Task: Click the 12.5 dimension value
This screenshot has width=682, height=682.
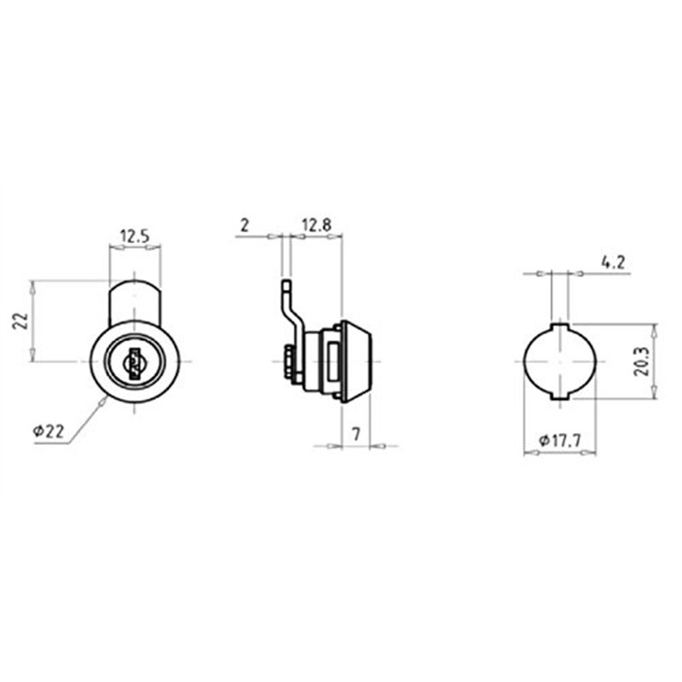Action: coord(135,234)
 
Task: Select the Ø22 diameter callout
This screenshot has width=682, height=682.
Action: coord(49,432)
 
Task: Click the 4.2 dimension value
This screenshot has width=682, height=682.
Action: coord(613,263)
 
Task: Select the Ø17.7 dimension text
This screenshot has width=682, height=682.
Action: coord(559,441)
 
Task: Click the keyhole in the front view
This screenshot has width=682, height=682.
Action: coord(135,362)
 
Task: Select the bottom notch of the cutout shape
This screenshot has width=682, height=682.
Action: coord(559,398)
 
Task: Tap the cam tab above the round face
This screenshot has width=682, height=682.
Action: coord(135,298)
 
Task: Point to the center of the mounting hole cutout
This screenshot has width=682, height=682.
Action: coord(559,361)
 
